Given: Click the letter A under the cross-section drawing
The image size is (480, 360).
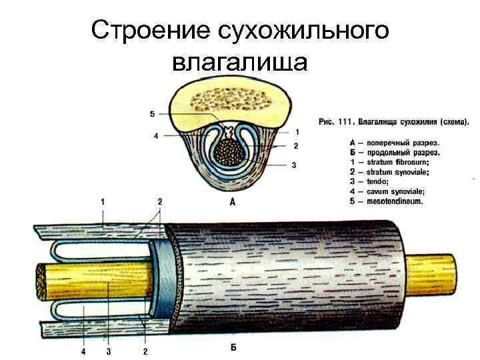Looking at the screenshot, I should click(232, 203).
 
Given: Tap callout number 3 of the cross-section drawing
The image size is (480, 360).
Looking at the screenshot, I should click(293, 167).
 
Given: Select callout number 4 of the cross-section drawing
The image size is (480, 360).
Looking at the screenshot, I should click(155, 136).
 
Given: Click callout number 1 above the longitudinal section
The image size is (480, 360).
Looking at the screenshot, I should click(103, 200).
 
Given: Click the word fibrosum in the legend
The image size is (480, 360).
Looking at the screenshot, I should click(409, 162).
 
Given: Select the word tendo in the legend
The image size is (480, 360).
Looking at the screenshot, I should click(377, 181).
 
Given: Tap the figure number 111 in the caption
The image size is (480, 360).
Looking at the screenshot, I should click(345, 122).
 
